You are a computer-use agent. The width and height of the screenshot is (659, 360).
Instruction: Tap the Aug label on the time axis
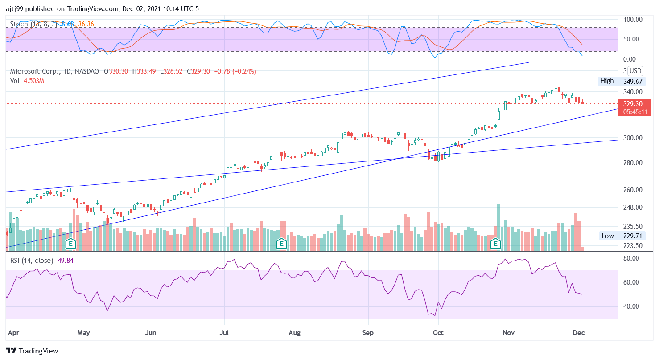point(294,333)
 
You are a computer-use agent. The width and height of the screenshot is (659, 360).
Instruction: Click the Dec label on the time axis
point(579,333)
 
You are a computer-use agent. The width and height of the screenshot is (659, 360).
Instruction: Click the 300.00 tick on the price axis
point(633,138)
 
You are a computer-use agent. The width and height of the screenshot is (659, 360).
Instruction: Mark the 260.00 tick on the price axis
point(633,190)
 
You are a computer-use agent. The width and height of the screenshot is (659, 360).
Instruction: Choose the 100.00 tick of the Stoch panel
point(633,20)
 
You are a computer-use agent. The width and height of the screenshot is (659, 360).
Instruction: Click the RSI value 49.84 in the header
point(66,261)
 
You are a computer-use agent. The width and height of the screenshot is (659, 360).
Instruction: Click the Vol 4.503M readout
point(34,81)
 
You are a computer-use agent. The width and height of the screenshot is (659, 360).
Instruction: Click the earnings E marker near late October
point(495,244)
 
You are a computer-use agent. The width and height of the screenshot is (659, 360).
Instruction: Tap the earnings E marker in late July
point(281,244)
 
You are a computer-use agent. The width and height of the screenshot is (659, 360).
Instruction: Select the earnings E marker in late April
point(70,244)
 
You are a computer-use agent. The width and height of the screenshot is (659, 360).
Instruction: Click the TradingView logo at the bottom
point(32,351)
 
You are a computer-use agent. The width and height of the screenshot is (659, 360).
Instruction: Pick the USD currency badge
point(635,71)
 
